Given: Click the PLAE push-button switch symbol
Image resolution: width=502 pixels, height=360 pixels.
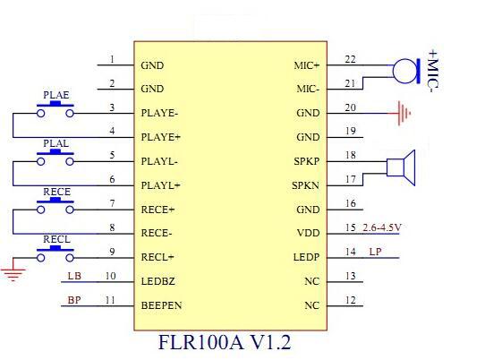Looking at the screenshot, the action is click(55, 109).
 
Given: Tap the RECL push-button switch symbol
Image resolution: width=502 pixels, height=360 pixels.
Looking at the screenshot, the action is click(55, 253).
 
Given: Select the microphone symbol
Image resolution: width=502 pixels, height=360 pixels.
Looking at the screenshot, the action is click(406, 71).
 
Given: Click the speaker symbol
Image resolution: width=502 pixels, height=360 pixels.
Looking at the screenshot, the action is click(401, 167).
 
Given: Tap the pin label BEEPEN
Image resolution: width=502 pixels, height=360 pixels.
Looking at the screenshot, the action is click(161, 305).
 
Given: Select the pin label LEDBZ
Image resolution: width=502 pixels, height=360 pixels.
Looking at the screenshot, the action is click(157, 281).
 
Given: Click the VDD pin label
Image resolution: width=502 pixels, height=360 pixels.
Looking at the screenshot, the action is click(309, 233).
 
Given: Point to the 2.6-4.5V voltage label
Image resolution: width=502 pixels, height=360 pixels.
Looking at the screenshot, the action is click(381, 227).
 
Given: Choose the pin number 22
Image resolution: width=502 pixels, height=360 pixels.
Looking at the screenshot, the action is click(350, 59).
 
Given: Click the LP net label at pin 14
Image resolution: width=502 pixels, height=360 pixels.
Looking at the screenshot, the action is click(375, 252).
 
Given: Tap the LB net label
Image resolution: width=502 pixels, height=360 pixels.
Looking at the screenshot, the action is click(74, 276).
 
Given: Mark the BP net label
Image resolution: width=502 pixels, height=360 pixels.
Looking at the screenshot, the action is click(74, 300).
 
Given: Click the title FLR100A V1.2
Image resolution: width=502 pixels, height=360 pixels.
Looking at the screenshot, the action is click(225, 342).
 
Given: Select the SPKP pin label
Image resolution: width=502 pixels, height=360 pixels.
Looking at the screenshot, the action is click(307, 161).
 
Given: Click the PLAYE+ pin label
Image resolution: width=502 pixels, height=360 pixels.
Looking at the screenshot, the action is click(161, 137).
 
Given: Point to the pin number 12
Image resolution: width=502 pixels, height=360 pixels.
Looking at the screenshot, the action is click(350, 300).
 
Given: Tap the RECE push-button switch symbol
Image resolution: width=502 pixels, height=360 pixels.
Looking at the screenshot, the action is click(55, 206).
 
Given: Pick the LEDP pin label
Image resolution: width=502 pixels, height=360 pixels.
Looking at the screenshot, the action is click(306, 257).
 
